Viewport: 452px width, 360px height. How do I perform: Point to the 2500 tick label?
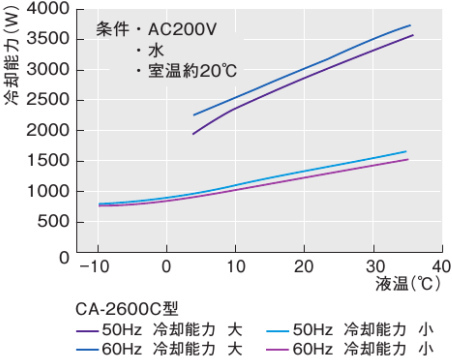click(x=47, y=101)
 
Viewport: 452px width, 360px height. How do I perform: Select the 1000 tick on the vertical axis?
click(x=47, y=192)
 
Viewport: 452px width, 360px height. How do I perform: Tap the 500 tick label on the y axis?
click(x=52, y=222)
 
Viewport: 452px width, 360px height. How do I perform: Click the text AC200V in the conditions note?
click(x=181, y=30)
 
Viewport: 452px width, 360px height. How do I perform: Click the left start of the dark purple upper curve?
click(x=193, y=134)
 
